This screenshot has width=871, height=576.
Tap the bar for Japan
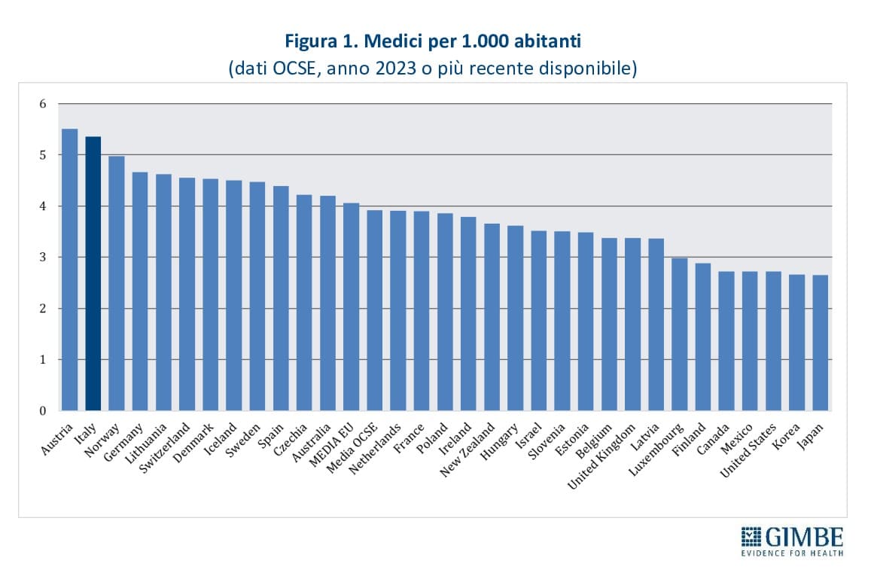coord(821,343)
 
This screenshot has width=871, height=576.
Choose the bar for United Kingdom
coord(633,324)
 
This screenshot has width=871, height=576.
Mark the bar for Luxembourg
coord(680,334)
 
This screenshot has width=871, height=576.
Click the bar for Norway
coord(117,283)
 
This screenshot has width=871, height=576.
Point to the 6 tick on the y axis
coord(42,104)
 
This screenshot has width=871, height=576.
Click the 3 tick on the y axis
coord(42,258)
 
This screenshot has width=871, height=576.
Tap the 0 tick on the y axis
coord(42,411)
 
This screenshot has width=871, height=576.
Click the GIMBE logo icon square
coord(751,538)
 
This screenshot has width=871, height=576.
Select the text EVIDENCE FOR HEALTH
coord(792,553)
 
